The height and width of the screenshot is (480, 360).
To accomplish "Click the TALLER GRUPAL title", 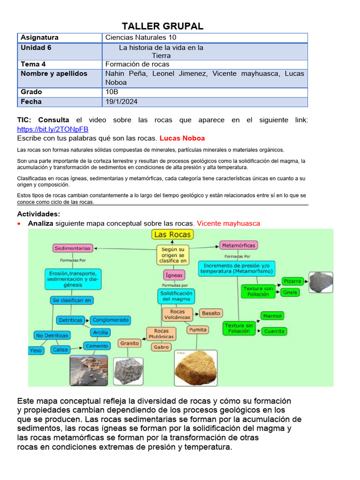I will point(163,26).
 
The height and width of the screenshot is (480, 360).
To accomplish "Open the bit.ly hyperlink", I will point(52,129).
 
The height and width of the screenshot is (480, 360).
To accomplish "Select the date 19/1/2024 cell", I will point(121,102).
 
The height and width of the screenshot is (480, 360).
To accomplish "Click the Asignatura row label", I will point(40,37).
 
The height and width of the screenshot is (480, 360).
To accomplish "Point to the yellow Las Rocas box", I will point(172,234).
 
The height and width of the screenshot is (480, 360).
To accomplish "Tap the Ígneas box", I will point(174,275).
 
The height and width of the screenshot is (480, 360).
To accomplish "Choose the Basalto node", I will point(210,313).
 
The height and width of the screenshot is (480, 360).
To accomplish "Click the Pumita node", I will point(198,330).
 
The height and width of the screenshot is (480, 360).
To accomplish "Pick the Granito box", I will point(129,343).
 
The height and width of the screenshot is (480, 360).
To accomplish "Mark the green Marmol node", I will point(272,316).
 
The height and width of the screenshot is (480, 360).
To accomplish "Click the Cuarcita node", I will point(274,331).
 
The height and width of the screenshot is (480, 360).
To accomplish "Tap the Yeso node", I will point(36,350).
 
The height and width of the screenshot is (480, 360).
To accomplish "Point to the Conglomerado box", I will point(110,320).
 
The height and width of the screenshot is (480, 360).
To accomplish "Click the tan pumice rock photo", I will point(196,368).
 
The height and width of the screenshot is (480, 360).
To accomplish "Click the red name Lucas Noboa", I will point(182,138).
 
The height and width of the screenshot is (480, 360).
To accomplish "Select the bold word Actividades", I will point(38,214).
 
